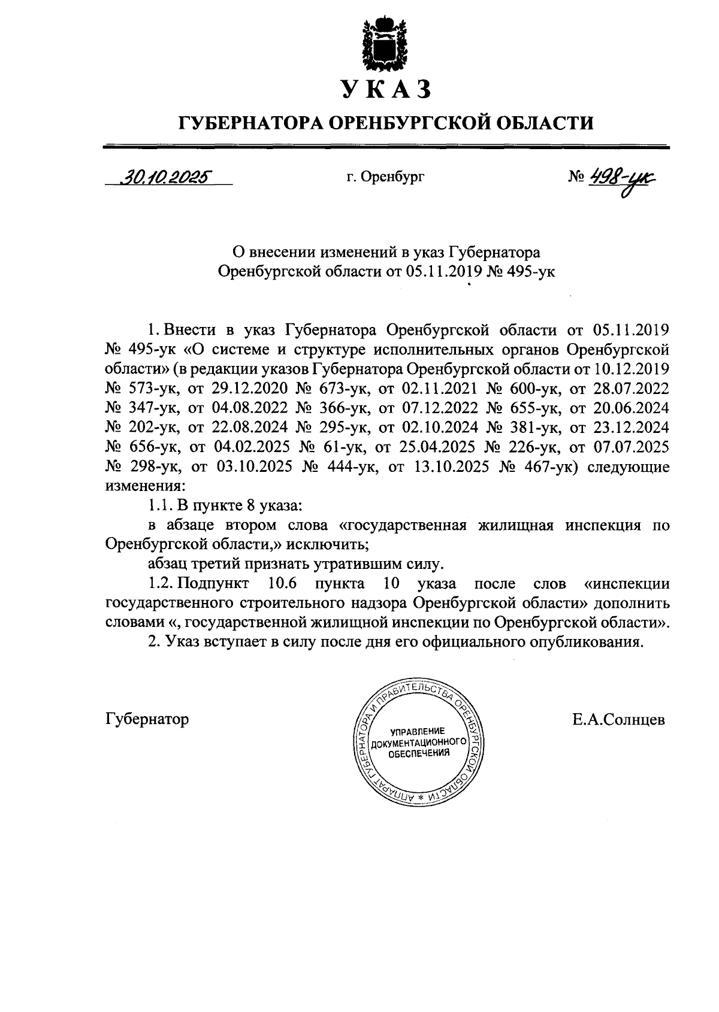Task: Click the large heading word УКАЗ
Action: pos(386,89)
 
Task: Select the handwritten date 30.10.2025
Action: pos(166,177)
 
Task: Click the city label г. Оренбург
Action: pos(385,177)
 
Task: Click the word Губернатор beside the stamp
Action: pos(147,719)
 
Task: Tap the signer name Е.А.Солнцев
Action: pos(618,719)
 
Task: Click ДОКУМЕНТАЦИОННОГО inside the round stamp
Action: pos(419,743)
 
